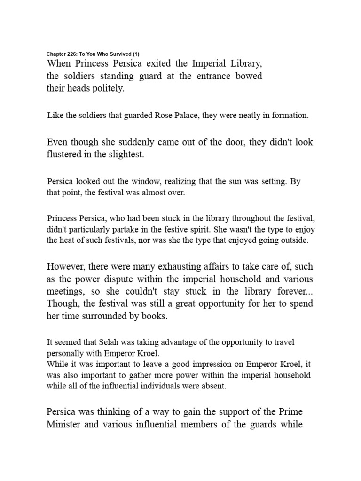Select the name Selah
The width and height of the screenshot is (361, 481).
click(x=110, y=342)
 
